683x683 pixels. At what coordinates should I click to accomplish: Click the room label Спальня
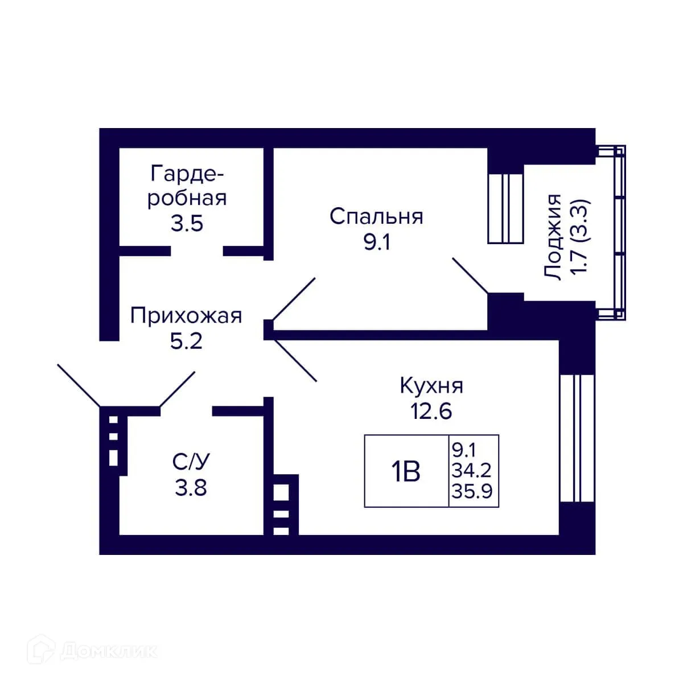(x=376, y=217)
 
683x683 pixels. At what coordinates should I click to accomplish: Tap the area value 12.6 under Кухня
(x=431, y=410)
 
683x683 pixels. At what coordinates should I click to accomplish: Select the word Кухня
(x=431, y=385)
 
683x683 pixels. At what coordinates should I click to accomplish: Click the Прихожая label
(x=186, y=315)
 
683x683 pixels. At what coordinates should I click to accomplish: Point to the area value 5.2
(x=186, y=341)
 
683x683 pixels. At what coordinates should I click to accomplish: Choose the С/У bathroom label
(x=191, y=462)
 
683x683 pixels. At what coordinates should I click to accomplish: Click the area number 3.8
(x=191, y=488)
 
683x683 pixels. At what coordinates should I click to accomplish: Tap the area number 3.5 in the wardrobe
(x=187, y=223)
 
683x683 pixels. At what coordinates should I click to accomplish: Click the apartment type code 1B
(x=405, y=472)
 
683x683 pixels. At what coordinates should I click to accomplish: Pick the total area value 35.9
(x=472, y=491)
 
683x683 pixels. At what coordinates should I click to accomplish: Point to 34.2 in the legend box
(x=472, y=471)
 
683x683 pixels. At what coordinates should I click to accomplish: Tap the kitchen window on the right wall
(x=577, y=438)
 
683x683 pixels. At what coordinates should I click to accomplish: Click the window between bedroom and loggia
(x=505, y=208)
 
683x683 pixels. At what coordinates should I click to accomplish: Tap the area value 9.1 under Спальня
(x=376, y=243)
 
